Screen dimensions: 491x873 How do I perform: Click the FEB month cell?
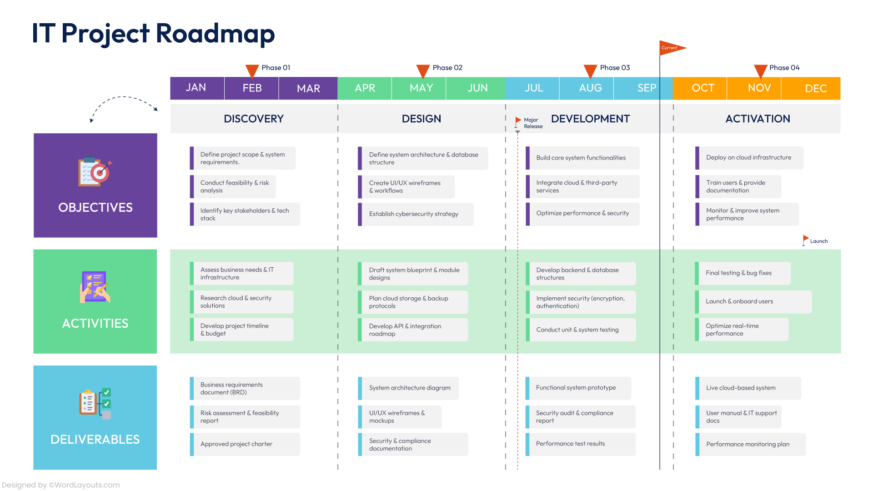pos(251,88)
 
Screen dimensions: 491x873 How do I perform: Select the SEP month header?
pos(646,88)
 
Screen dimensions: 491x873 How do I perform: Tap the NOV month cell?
pos(759,88)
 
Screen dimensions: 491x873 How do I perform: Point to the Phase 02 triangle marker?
pos(423,71)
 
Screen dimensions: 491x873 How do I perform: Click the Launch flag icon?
pos(806,239)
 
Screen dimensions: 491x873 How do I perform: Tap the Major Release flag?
pos(518,121)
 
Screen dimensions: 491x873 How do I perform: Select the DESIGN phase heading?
pos(421,119)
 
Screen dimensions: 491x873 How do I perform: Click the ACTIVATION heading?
pos(758,119)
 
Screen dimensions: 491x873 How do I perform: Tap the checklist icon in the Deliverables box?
pos(95,403)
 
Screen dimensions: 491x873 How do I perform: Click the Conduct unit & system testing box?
pos(580,330)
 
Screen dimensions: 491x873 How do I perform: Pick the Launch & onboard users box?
pos(753,301)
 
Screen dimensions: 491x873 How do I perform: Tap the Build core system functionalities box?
pos(582,158)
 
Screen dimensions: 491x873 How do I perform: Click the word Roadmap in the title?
pos(215,34)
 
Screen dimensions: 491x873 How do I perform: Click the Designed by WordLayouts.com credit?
pos(61,485)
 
